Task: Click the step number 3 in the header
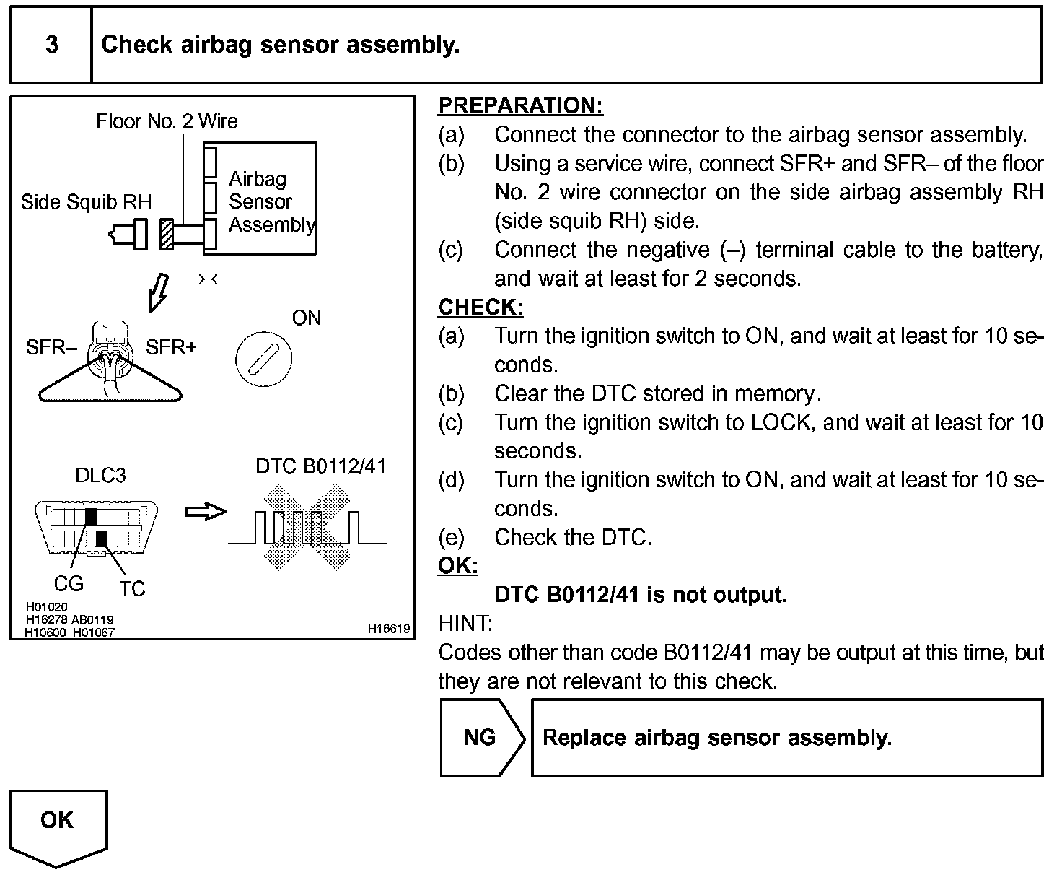click(52, 45)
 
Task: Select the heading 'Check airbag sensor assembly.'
click(280, 45)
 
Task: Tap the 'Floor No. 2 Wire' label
click(167, 121)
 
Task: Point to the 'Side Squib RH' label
click(86, 201)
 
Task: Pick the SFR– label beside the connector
click(51, 348)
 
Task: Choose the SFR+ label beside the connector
click(171, 348)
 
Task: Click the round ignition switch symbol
click(264, 358)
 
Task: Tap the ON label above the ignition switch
click(307, 318)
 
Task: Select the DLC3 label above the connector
click(100, 475)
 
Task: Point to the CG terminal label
click(69, 583)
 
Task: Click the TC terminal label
click(132, 589)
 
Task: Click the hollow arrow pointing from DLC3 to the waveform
click(206, 512)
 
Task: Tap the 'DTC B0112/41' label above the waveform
click(320, 466)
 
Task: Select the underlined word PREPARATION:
click(520, 106)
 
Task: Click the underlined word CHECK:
click(480, 308)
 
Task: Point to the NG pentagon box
click(481, 738)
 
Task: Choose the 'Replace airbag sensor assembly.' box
click(787, 738)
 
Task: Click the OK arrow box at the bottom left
click(58, 827)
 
